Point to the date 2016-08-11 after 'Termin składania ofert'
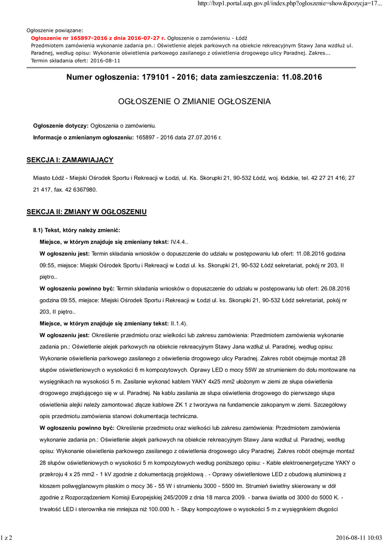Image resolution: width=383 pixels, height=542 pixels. [105, 60]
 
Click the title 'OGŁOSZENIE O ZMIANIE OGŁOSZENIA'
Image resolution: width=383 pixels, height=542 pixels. [194, 101]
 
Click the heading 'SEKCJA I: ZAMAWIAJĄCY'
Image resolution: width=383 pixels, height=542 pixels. [70, 160]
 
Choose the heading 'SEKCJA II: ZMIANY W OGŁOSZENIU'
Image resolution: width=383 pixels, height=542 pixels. [86, 212]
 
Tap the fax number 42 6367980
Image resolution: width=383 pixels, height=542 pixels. [82, 189]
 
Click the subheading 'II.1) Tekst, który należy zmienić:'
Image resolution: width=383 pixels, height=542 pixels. [77, 230]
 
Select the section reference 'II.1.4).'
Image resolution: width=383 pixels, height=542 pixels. [179, 323]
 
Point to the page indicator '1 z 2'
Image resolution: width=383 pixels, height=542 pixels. [6, 538]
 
